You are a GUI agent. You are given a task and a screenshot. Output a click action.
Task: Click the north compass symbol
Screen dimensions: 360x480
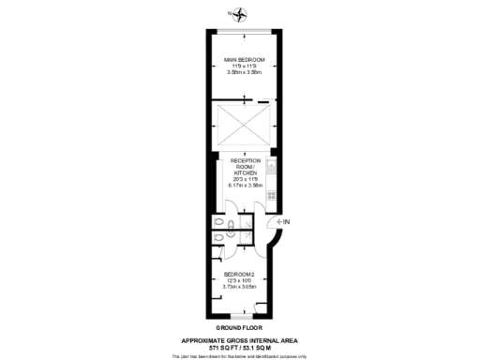pos(240,13)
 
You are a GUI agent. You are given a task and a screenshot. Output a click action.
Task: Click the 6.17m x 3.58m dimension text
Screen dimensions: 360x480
pos(245,185)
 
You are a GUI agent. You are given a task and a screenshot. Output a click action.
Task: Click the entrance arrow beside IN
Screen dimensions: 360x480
pos(277,221)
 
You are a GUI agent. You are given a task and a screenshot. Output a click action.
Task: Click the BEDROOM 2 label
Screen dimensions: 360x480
pos(239,274)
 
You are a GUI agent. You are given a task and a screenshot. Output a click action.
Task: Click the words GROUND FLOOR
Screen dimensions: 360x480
pos(240,327)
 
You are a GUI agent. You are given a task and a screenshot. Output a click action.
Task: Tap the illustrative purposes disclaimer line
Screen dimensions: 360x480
pos(240,355)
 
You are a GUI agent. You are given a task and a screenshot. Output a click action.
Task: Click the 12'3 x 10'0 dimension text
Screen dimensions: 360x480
pos(239,279)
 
